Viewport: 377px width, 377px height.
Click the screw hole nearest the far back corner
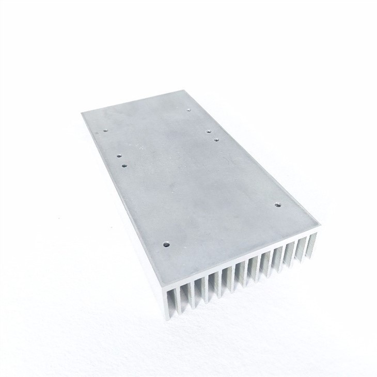point(189,109)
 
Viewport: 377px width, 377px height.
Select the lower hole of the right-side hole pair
point(216,139)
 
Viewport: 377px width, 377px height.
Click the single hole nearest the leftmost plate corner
point(105,130)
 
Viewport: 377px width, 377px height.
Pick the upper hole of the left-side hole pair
point(118,155)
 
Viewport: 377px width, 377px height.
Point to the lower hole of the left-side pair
point(124,166)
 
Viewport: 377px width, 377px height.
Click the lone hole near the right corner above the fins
point(277,205)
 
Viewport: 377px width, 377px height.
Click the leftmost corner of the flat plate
point(81,113)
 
